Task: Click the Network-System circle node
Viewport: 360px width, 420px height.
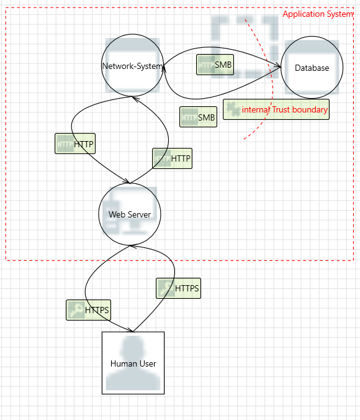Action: [132, 65]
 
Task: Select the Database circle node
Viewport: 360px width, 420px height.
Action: [312, 67]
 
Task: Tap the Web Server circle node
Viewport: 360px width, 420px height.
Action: [130, 214]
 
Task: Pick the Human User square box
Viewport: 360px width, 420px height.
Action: [133, 363]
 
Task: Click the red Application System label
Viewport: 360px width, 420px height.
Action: [318, 14]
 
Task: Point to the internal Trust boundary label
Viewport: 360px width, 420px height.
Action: [284, 109]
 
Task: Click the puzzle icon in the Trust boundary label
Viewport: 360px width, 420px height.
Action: [233, 109]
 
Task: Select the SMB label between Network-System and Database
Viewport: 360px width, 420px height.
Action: [215, 65]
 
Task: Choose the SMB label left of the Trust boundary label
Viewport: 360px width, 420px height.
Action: [199, 117]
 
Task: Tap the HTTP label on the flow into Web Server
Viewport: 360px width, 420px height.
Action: [75, 144]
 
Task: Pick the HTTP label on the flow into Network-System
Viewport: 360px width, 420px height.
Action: [172, 158]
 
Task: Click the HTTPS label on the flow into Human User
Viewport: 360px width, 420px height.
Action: [88, 310]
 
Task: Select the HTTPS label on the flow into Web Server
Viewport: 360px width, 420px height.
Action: [178, 288]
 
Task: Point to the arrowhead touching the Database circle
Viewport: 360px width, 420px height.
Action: [277, 66]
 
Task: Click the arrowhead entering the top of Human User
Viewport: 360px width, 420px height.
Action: [130, 330]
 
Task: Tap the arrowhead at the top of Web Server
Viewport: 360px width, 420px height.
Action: [126, 181]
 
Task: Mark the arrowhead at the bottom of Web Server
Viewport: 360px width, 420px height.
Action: [133, 246]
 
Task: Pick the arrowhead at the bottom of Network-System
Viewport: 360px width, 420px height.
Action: [136, 99]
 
